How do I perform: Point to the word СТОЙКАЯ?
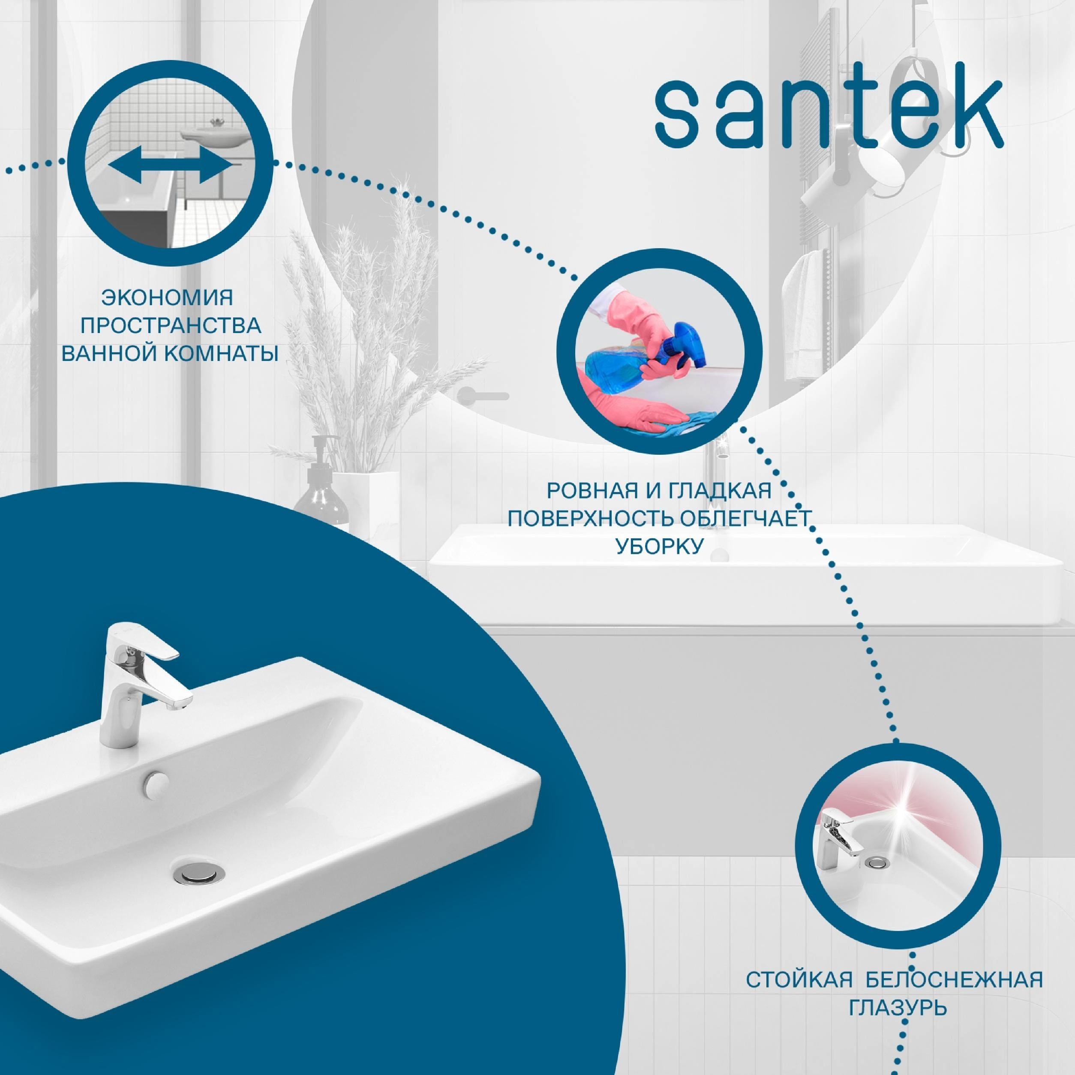pos(799,979)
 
